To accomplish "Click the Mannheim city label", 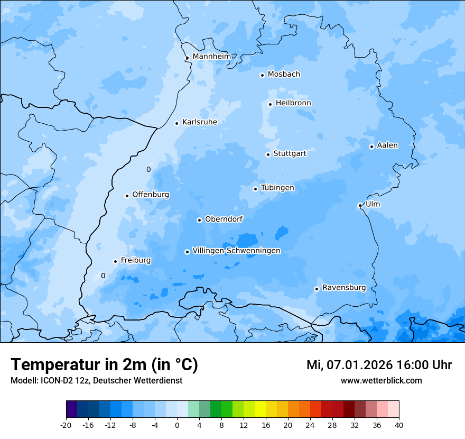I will click(x=211, y=57).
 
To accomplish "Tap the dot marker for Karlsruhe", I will click(x=177, y=123).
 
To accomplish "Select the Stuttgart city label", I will click(x=290, y=154).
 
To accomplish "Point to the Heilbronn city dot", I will click(x=270, y=104).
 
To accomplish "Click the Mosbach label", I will click(x=284, y=75).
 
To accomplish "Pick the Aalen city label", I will click(x=387, y=145).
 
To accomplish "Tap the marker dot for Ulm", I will click(x=360, y=206).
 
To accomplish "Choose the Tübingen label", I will click(x=277, y=188).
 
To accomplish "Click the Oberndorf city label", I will click(x=224, y=219).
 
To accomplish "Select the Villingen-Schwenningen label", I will click(x=236, y=251).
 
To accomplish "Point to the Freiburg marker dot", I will click(x=115, y=261).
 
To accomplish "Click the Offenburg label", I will click(x=151, y=195).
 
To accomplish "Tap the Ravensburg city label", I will click(x=344, y=288).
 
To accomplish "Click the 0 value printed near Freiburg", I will click(x=103, y=276).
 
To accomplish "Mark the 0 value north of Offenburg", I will click(x=148, y=169).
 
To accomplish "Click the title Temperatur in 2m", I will click(x=104, y=364).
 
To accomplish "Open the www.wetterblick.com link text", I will click(x=381, y=380).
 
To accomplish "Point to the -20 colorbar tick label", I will click(x=66, y=425).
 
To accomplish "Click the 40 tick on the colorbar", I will click(x=398, y=425).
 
